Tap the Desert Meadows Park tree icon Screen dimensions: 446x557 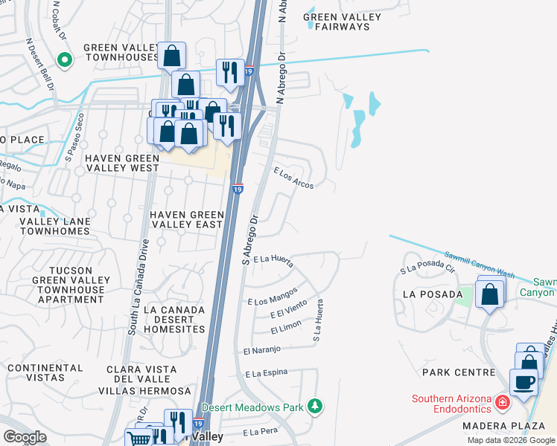click(x=316, y=406)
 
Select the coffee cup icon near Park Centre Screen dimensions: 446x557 click(x=523, y=382)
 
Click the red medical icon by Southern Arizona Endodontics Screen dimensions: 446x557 click(x=503, y=402)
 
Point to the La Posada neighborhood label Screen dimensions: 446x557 click(x=428, y=294)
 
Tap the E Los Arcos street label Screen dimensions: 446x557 click(x=293, y=177)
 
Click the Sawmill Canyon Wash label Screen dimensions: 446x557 click(x=480, y=265)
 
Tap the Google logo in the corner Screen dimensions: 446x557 click(x=25, y=437)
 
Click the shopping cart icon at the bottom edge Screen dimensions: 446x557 click(x=139, y=438)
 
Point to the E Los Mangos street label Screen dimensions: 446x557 click(x=273, y=296)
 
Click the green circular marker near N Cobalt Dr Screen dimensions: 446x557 click(x=64, y=60)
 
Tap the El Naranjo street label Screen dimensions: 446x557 click(x=261, y=349)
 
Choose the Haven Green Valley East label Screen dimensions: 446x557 click(x=187, y=219)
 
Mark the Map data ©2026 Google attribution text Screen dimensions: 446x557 click(x=512, y=440)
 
